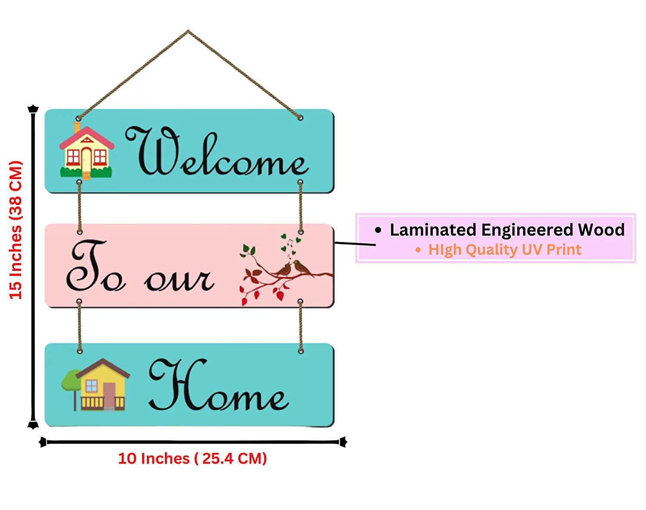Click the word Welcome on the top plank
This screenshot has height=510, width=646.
coord(217,153)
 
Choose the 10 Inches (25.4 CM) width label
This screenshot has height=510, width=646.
coord(193,458)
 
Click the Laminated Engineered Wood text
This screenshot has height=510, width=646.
coord(507,230)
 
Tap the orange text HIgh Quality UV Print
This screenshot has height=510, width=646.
coord(504,250)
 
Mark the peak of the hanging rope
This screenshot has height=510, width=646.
coord(188,31)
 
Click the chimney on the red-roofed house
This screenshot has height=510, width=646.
coord(77,127)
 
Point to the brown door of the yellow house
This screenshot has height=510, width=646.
coord(109,395)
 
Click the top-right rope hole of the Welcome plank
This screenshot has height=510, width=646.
coord(300,118)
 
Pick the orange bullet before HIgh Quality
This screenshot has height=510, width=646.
coord(418,250)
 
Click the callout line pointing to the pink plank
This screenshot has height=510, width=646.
coord(355,244)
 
